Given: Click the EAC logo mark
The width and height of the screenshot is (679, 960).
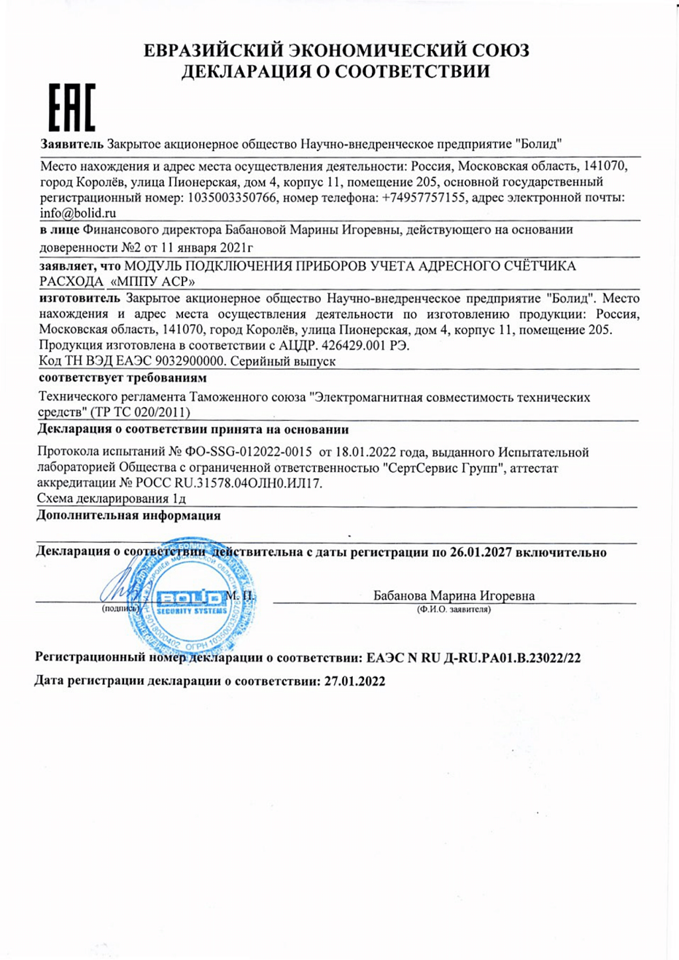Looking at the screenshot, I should [72, 107].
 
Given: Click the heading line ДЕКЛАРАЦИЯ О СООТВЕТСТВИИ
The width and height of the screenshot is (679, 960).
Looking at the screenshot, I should [336, 72].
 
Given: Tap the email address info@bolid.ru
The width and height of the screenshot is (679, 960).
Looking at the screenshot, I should [78, 213].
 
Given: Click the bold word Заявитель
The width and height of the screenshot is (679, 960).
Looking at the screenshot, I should [72, 144].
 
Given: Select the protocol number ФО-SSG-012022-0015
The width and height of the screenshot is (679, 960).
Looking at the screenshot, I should [249, 452].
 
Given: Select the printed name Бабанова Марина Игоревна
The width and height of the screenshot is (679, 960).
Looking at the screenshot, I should [454, 595].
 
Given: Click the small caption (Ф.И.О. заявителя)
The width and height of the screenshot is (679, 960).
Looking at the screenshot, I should [454, 609].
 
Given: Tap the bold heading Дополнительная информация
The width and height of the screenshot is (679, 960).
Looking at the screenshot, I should [129, 515].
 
